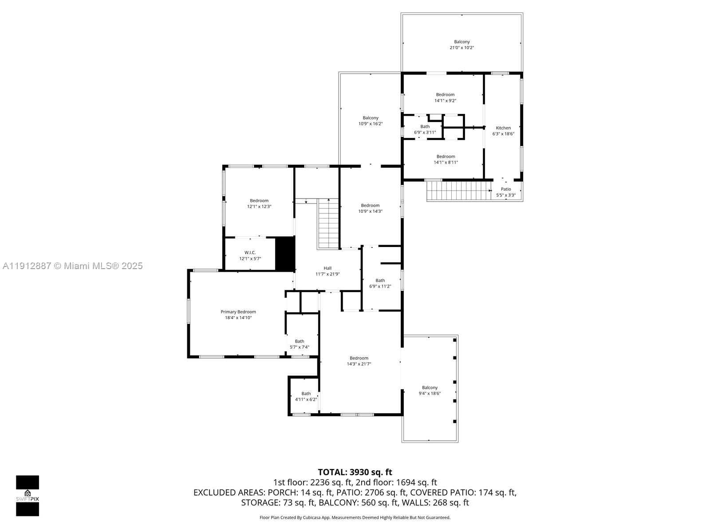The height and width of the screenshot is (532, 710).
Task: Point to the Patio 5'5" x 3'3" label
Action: pyautogui.click(x=506, y=192)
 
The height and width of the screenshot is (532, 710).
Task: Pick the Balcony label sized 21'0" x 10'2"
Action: pyautogui.click(x=461, y=44)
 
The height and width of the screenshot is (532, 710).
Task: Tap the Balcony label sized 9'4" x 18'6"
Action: pyautogui.click(x=430, y=390)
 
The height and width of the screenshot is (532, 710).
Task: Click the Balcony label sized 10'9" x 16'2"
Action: pyautogui.click(x=371, y=121)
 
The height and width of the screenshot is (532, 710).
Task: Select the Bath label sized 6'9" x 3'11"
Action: pyautogui.click(x=425, y=129)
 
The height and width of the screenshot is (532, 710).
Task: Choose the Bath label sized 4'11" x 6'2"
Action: pyautogui.click(x=306, y=396)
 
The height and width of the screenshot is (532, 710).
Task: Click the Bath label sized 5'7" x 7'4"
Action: pyautogui.click(x=300, y=344)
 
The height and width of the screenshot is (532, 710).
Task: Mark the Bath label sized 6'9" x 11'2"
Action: pyautogui.click(x=380, y=283)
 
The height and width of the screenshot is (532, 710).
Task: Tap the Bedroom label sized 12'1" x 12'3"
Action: pyautogui.click(x=259, y=203)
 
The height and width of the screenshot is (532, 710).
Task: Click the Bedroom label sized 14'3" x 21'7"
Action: pyautogui.click(x=359, y=361)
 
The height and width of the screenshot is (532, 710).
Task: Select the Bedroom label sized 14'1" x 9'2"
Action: pyautogui.click(x=445, y=97)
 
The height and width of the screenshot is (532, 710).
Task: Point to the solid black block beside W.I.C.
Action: pyautogui.click(x=285, y=254)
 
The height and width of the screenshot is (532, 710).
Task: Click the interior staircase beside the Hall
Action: pyautogui.click(x=328, y=224)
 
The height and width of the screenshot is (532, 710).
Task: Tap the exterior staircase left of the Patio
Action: pyautogui.click(x=459, y=191)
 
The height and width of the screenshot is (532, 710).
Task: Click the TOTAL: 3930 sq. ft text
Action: pyautogui.click(x=355, y=472)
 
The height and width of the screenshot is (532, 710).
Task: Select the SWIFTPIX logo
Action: pyautogui.click(x=28, y=496)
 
